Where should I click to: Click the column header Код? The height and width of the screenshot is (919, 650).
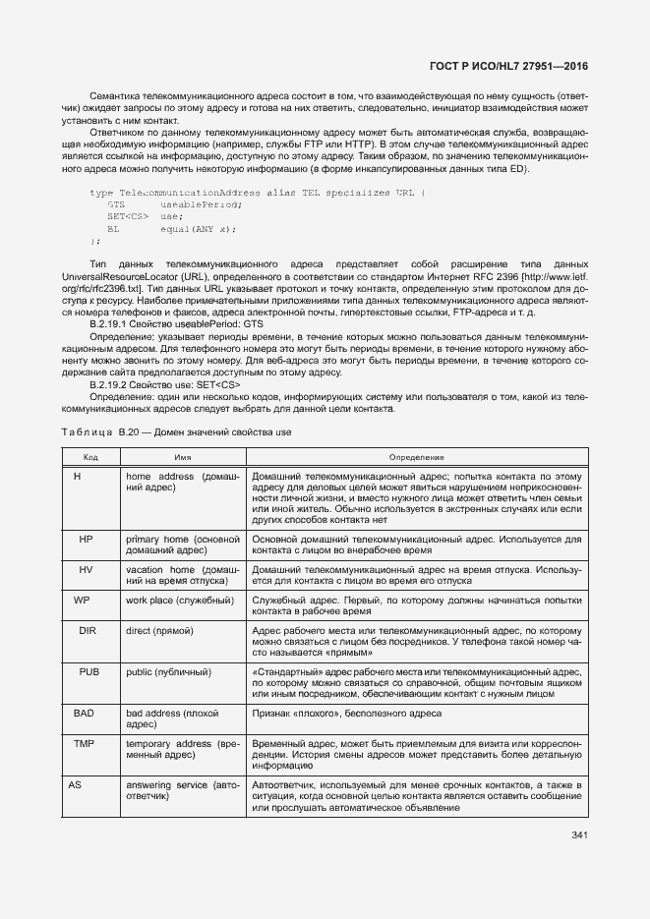[89, 457]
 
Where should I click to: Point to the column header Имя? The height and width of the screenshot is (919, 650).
[182, 457]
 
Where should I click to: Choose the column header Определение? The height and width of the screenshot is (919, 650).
[417, 457]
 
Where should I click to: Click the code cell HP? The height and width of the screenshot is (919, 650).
[86, 540]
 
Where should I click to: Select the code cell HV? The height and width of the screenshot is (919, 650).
[86, 569]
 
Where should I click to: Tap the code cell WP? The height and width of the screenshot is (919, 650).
[83, 599]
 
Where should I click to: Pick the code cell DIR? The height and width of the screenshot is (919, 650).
[87, 629]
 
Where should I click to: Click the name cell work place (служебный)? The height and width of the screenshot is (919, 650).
[179, 599]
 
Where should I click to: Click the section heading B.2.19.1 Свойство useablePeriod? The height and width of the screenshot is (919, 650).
[176, 322]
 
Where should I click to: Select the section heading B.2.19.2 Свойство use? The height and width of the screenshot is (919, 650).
[165, 384]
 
